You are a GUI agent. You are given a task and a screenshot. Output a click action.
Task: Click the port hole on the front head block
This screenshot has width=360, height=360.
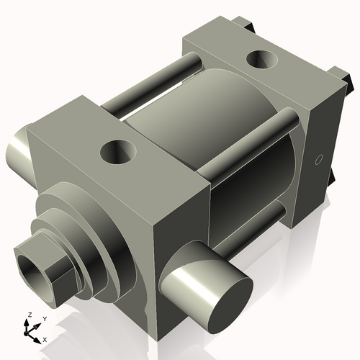pos(117,151)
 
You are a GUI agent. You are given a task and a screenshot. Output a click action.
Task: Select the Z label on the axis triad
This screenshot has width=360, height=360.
pos(29,315)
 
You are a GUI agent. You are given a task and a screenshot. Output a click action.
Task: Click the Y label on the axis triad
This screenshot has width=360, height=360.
pos(44,318)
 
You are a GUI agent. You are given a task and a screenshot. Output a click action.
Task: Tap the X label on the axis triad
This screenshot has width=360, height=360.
pos(45,338)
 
